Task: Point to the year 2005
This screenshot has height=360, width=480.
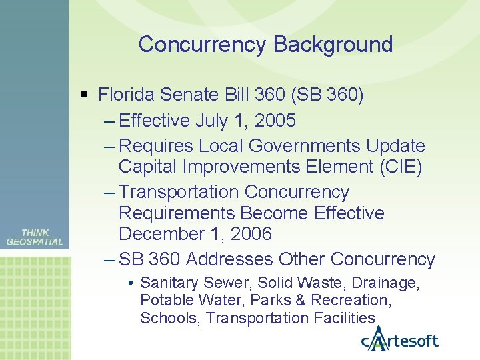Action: click(x=276, y=121)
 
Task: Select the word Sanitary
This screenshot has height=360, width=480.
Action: click(x=167, y=283)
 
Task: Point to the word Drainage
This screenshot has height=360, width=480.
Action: click(x=387, y=283)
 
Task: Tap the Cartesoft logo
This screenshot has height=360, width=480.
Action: click(x=400, y=340)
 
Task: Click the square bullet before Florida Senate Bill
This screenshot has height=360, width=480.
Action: click(x=83, y=95)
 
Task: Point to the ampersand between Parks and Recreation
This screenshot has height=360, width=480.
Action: click(x=318, y=301)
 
